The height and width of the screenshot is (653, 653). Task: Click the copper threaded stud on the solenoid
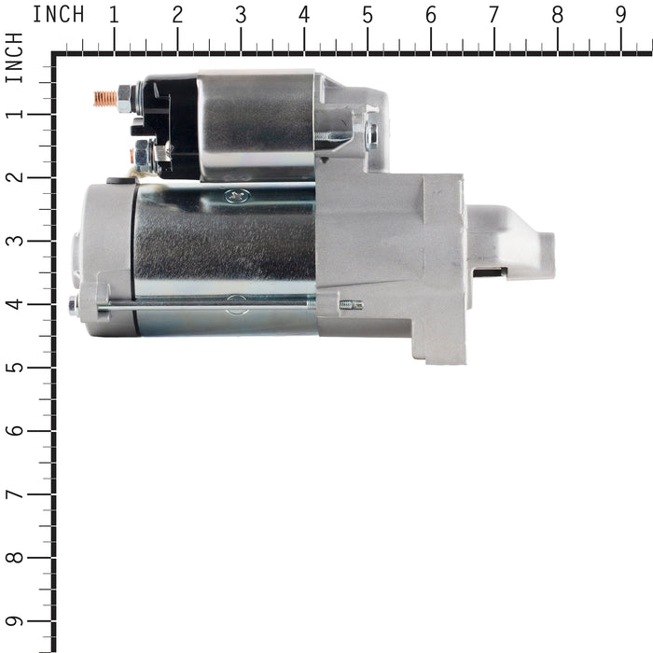(105, 99)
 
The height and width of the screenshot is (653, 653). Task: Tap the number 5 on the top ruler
(368, 16)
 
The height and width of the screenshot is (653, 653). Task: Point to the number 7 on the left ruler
(15, 494)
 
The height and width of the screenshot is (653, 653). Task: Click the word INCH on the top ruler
(58, 15)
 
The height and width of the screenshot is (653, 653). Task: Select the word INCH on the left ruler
(14, 57)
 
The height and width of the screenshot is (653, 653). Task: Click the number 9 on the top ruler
(620, 16)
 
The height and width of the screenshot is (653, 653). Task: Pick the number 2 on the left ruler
(15, 177)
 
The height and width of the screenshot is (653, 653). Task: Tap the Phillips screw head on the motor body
(237, 195)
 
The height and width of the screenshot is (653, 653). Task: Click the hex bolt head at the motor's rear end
(74, 306)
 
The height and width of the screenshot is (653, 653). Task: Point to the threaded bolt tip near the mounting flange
(352, 305)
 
